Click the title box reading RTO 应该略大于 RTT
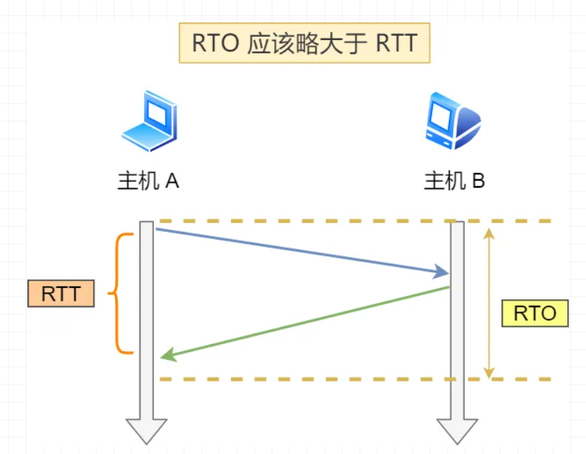304,43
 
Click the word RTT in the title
396,43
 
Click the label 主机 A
148,181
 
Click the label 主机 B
454,181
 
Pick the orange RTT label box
61,293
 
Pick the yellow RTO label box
535,313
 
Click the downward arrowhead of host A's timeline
146,430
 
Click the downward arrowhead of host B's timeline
457,430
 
